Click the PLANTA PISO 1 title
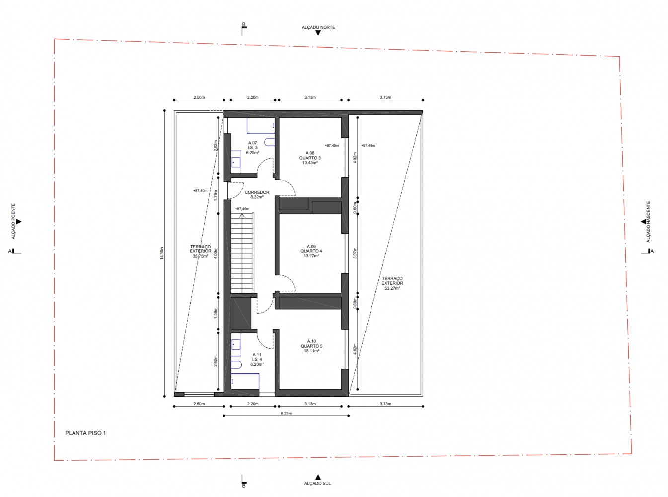pos(85,433)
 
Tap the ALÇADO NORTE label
pos(318,27)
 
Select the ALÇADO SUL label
pos(317,483)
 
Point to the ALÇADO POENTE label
pos(13,221)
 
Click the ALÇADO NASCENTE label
pos(648,222)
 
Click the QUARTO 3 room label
pos(310,158)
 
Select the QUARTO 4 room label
pos(311,251)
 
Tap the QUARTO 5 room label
pos(311,346)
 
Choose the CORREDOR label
pos(257,192)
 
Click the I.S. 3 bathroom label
pos(253,148)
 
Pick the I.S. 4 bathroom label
pos(257,359)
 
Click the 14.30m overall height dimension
pos(162,253)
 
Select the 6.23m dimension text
pos(286,413)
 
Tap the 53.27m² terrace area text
pos(392,288)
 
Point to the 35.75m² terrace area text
pos(200,256)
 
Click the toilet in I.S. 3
pos(270,142)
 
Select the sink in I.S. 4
pos(236,344)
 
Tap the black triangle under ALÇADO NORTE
pos(318,33)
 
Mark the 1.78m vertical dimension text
pos(215,196)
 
